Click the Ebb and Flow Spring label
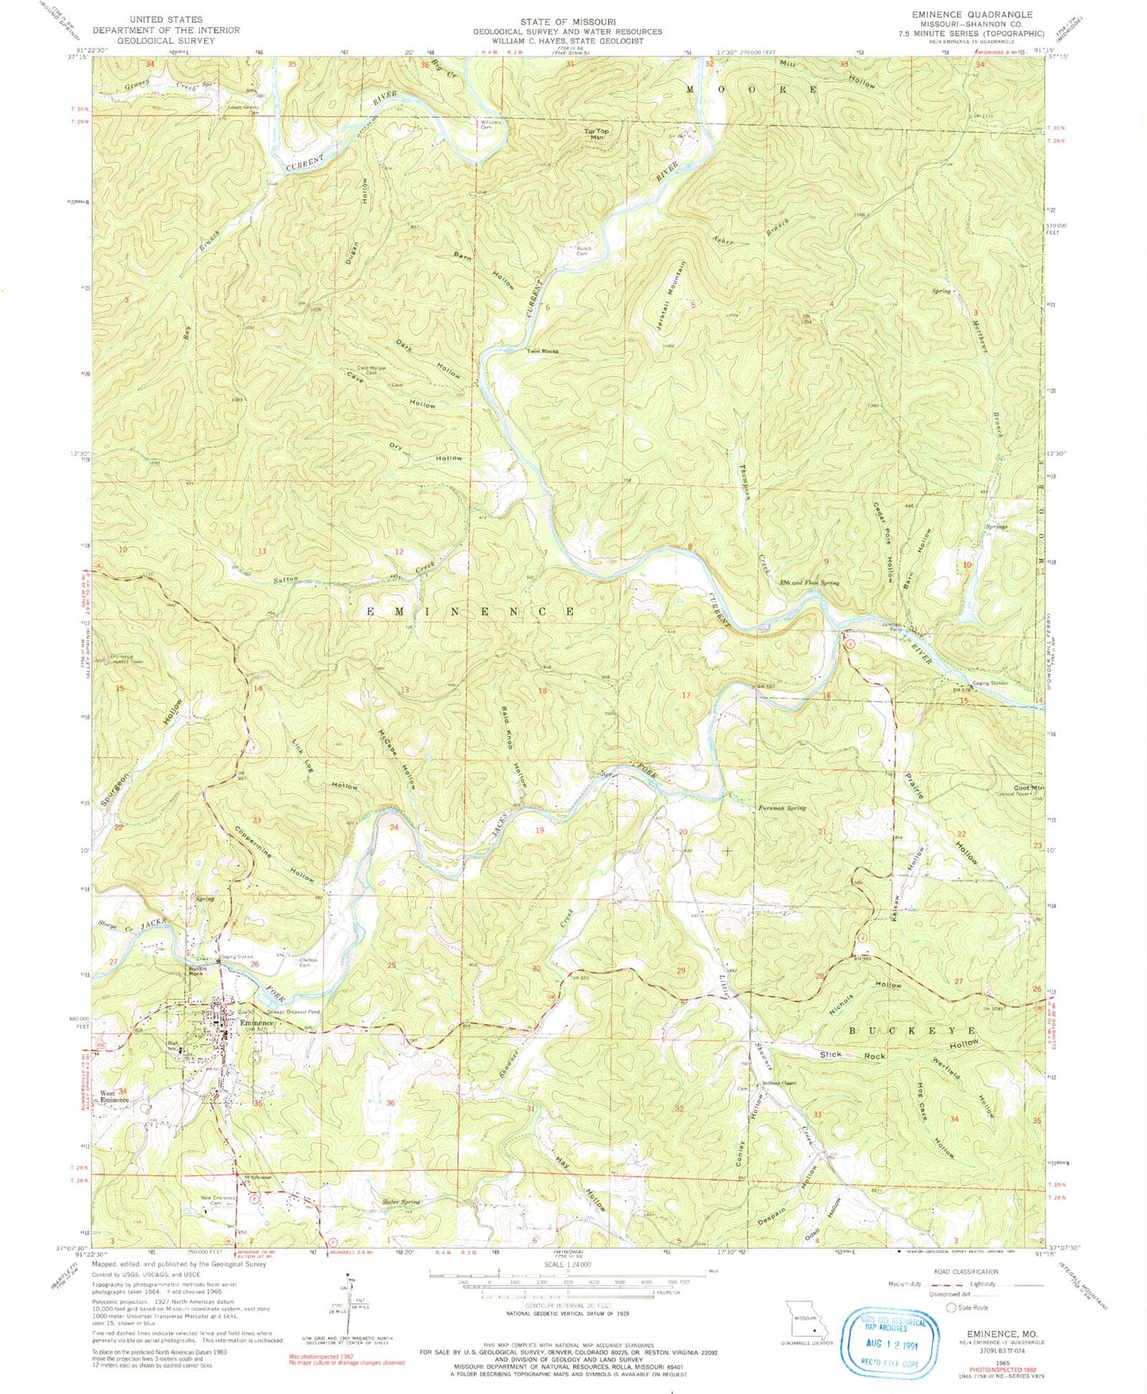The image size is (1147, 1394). click(x=809, y=582)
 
